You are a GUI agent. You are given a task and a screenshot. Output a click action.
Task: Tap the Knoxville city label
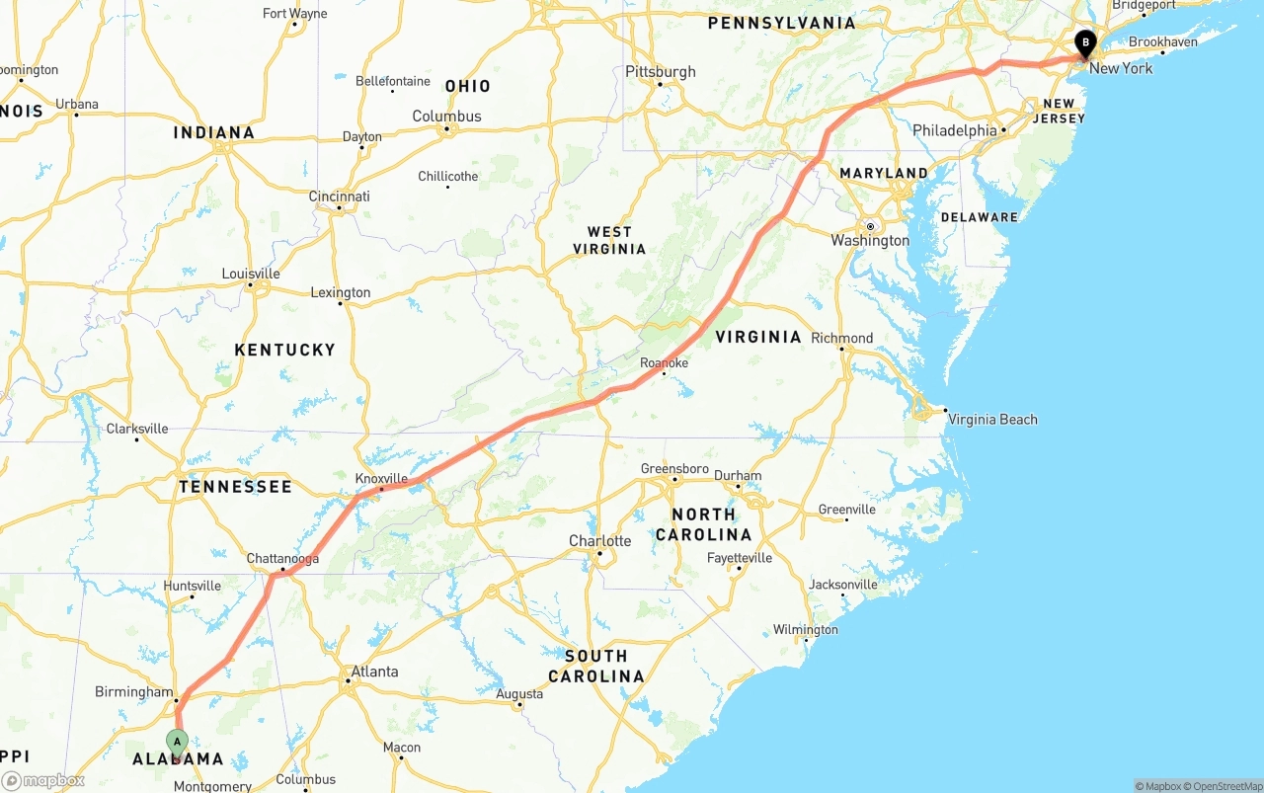click(x=381, y=478)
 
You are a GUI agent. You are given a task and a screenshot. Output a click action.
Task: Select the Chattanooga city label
click(x=282, y=559)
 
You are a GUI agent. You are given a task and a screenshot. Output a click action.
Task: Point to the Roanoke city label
click(x=664, y=363)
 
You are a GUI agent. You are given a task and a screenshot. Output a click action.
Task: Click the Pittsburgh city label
click(x=660, y=72)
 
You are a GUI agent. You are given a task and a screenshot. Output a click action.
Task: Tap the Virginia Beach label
click(x=992, y=420)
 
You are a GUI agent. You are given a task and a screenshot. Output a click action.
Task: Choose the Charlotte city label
click(x=599, y=541)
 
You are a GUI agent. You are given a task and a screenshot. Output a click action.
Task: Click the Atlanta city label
click(x=374, y=672)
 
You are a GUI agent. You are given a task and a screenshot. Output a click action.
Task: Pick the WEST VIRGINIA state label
click(x=609, y=240)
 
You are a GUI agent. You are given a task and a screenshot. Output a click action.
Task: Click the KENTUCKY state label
click(x=284, y=350)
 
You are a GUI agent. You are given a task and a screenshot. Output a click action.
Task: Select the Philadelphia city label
click(x=954, y=130)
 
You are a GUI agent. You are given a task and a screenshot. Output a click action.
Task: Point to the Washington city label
click(x=870, y=241)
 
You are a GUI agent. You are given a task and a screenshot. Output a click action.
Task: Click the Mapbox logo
click(x=43, y=780)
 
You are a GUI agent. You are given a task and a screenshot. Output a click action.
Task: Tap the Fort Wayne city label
click(x=294, y=14)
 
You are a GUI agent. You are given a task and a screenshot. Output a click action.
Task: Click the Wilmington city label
click(x=805, y=630)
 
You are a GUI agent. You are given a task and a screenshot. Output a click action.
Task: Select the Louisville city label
click(x=251, y=274)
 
